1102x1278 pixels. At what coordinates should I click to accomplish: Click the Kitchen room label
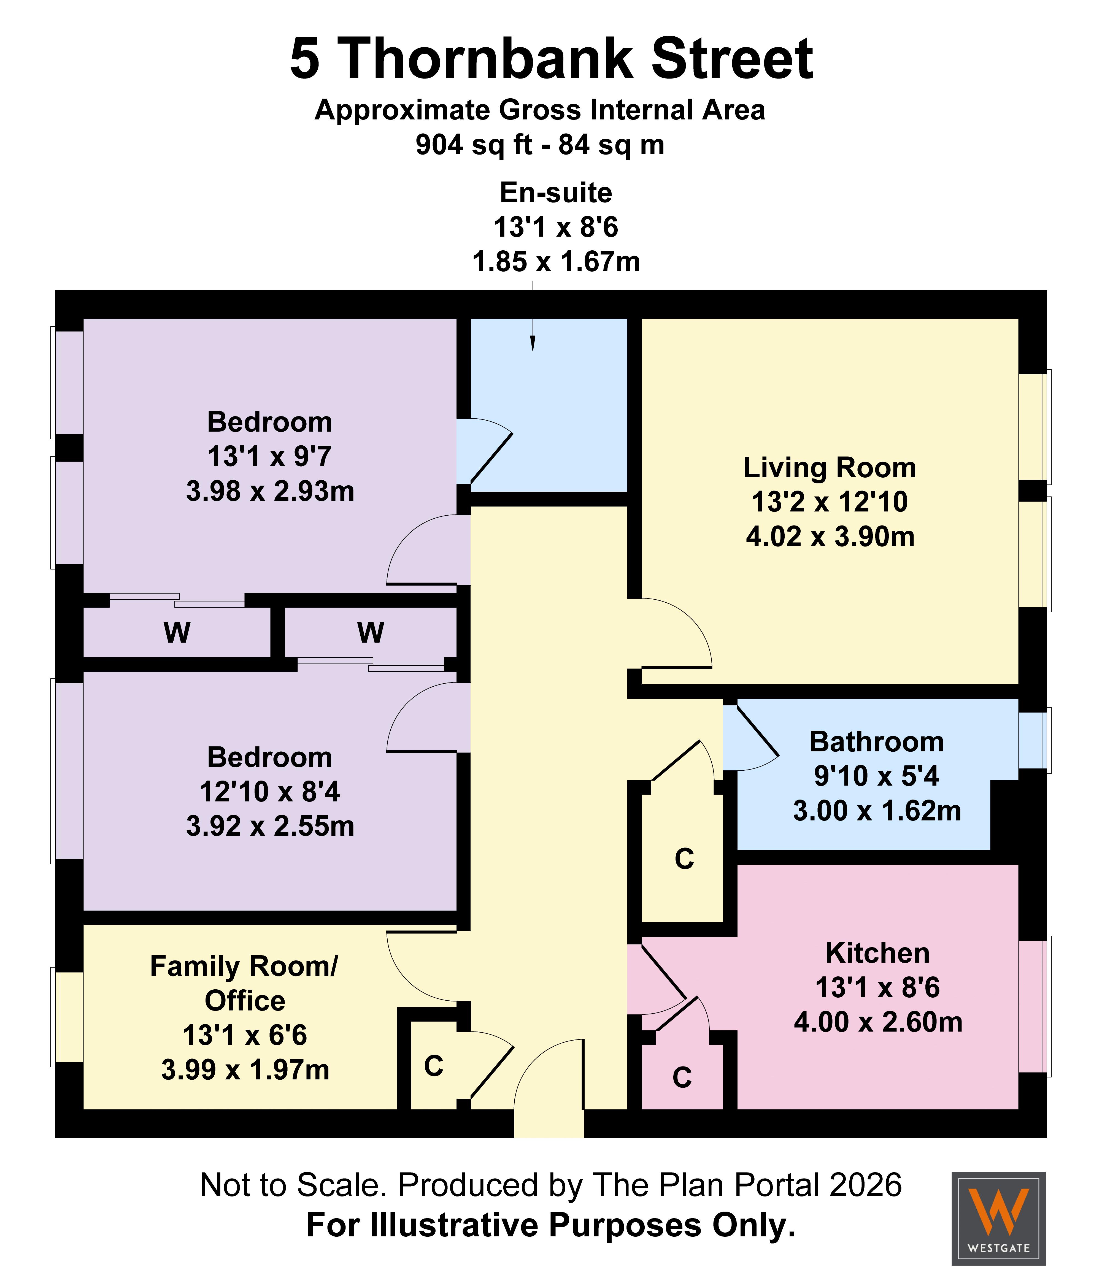click(877, 953)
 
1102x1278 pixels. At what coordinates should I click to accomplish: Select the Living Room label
click(829, 467)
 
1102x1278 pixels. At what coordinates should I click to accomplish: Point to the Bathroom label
click(876, 742)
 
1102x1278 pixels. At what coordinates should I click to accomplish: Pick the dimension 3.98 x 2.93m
click(270, 492)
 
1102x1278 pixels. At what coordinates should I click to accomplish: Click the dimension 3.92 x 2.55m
click(270, 827)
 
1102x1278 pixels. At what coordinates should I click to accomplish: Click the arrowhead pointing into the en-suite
click(533, 344)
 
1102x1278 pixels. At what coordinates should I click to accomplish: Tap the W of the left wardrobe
click(177, 633)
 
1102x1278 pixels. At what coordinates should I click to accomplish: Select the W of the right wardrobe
click(370, 633)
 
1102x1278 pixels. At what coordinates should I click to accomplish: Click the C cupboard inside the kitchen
click(682, 1077)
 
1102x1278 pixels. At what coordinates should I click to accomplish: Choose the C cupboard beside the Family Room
click(434, 1066)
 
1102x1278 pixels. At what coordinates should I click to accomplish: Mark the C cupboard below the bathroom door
click(684, 859)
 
